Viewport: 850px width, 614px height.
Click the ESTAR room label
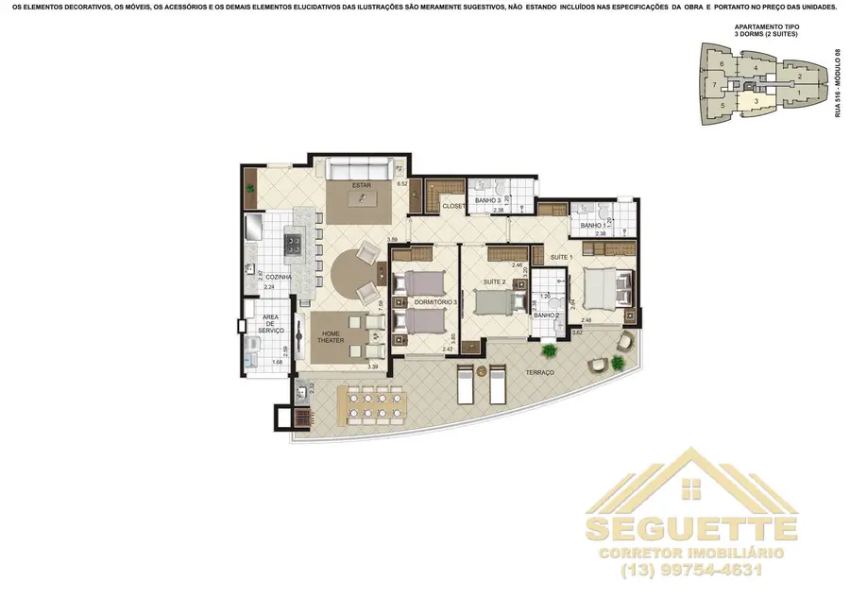(x=361, y=185)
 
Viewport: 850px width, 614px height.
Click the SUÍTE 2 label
(x=495, y=281)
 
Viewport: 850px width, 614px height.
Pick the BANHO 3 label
(x=487, y=201)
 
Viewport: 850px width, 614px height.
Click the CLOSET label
(x=453, y=206)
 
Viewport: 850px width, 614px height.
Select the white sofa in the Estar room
(x=361, y=169)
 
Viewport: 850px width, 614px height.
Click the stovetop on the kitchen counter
(x=293, y=245)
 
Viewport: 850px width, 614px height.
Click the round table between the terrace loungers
(x=478, y=369)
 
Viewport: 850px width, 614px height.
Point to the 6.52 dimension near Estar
(x=401, y=183)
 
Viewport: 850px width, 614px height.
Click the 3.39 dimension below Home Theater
(x=372, y=367)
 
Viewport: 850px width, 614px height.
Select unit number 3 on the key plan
(x=756, y=100)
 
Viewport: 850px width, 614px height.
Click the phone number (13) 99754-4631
(x=692, y=570)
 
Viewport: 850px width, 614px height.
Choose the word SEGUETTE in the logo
(x=691, y=527)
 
